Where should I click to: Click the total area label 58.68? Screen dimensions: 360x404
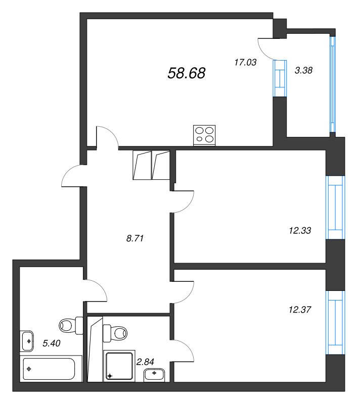187,73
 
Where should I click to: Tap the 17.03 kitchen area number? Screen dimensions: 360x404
245,62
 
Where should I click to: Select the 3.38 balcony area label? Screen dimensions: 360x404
303,70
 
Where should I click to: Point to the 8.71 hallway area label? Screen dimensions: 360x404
135,238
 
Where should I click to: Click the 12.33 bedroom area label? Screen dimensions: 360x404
300,230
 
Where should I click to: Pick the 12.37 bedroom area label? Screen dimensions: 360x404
300,310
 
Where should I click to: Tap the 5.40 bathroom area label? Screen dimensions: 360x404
52,343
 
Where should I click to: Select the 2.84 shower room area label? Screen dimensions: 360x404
145,362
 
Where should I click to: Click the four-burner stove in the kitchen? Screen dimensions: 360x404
204,135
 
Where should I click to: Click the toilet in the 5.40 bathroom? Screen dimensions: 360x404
71,326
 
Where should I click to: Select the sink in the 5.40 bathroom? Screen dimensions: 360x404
27,341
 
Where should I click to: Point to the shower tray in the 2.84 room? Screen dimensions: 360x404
119,366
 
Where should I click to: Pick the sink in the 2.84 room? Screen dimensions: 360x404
154,375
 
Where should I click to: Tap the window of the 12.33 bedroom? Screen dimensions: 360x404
335,208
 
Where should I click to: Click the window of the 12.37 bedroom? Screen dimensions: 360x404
335,323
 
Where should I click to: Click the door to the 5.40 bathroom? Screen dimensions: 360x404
96,290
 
